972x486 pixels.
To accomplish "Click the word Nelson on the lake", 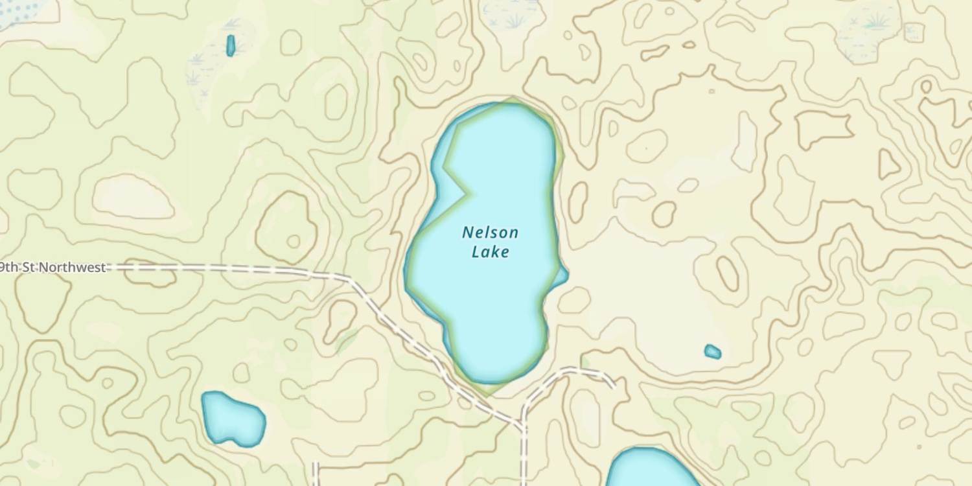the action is tap(490, 233).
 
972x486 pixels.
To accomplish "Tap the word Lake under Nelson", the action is tap(490, 252).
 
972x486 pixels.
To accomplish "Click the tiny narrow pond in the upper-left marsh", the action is tap(230, 45).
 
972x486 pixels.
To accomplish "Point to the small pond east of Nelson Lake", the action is tap(712, 352).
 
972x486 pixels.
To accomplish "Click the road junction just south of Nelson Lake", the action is tap(522, 426).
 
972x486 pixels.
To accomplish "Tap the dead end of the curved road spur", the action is tap(612, 386).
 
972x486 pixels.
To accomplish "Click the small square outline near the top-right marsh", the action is tap(914, 31).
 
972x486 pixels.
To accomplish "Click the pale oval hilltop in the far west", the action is tap(133, 196).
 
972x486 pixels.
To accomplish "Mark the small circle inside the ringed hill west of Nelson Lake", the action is tap(294, 242).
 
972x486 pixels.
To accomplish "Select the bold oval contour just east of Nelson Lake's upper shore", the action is tap(577, 202).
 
